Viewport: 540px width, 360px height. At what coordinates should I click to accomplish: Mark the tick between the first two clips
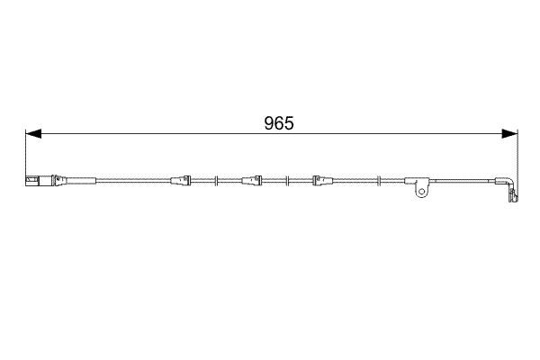click(219, 180)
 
